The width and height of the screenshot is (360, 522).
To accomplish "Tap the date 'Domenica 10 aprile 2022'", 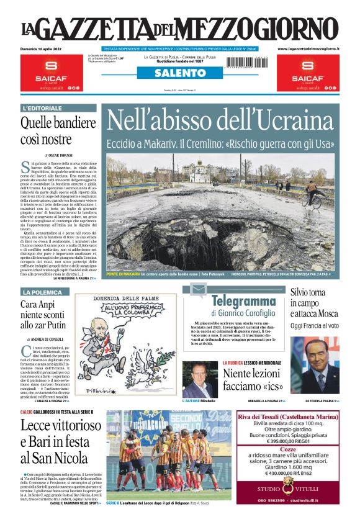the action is click(x=43, y=48).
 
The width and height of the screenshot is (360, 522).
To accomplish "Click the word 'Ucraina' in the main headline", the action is click(x=292, y=119).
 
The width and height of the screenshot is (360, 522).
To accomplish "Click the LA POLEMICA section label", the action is click(x=42, y=292).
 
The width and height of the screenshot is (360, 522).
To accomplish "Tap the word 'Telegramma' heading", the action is click(x=242, y=302).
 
